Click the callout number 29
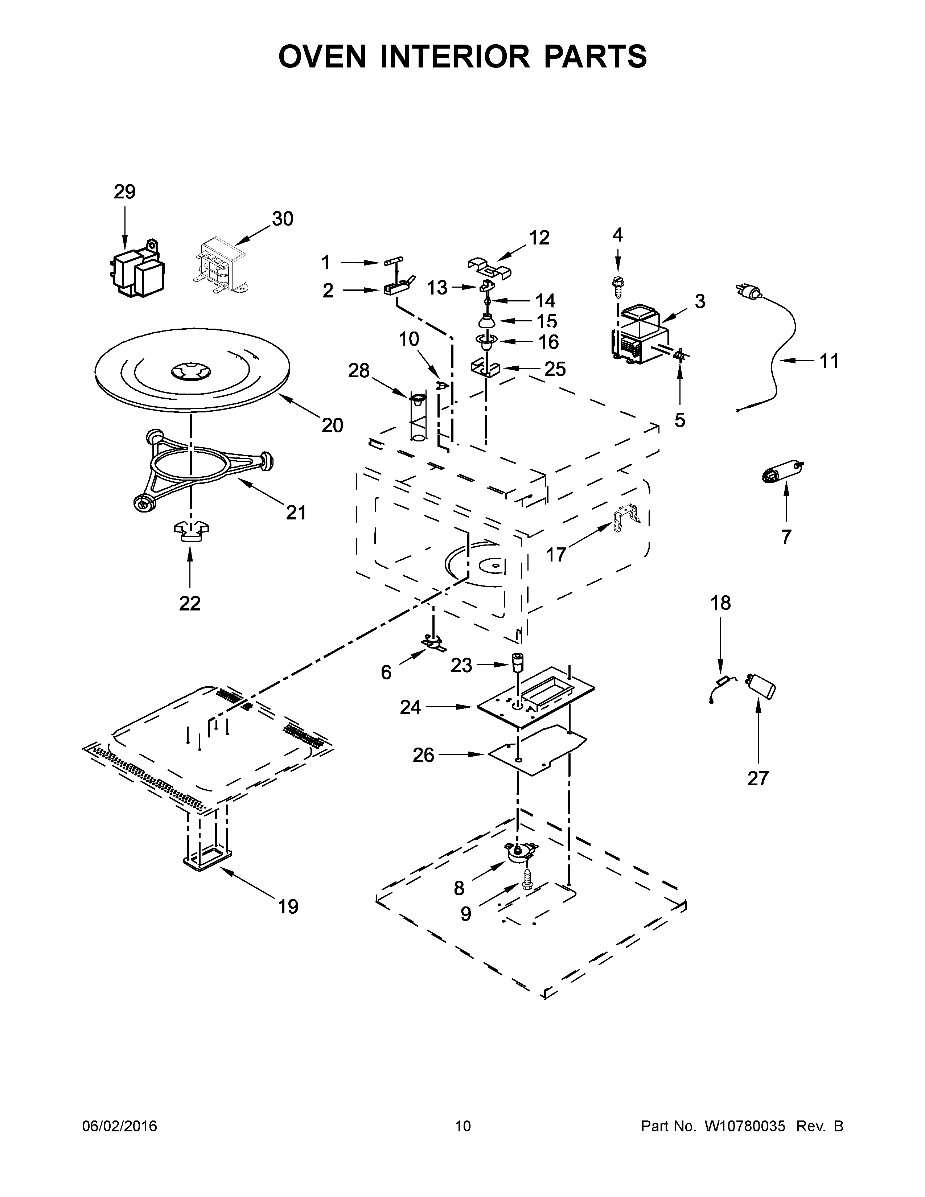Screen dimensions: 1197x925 [124, 192]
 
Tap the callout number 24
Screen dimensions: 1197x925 [410, 708]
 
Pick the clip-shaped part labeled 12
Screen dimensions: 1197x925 [489, 265]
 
